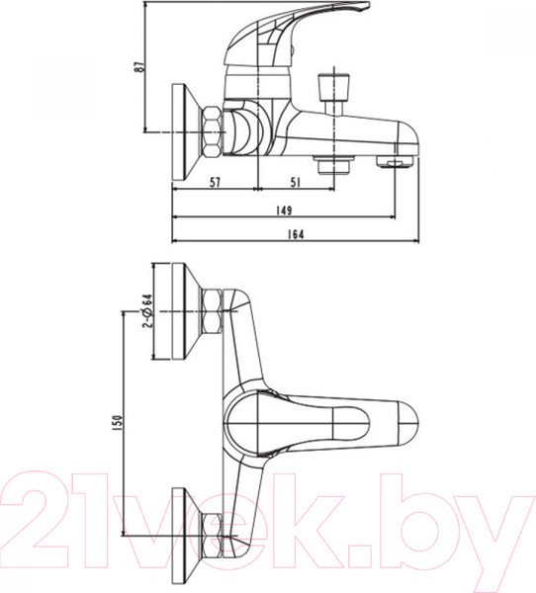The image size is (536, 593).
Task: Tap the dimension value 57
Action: coord(214,181)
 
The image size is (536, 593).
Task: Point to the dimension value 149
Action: coord(284,208)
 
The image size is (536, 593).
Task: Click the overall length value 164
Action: coord(294,233)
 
